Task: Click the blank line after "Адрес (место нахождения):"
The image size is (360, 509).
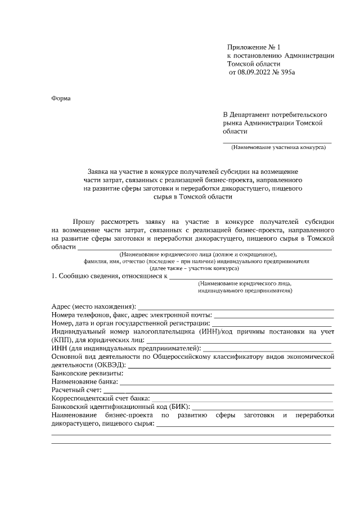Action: (x=236, y=307)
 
